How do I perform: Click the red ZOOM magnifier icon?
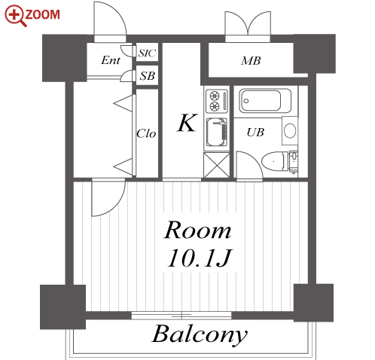(15, 16)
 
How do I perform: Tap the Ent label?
(111, 60)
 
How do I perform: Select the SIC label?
(148, 53)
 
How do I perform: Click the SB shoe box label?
(148, 76)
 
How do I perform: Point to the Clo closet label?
(146, 133)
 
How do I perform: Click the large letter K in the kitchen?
(187, 123)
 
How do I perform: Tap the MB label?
(251, 61)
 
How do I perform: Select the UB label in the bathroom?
(255, 133)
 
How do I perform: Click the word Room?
(197, 230)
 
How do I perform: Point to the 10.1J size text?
(200, 258)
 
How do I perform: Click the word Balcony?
(200, 334)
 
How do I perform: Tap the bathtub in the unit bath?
(265, 101)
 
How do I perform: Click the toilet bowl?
(274, 161)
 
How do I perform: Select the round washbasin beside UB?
(290, 130)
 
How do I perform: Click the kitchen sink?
(217, 133)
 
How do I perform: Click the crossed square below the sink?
(217, 165)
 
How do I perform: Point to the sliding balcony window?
(181, 316)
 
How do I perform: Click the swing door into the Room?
(108, 197)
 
